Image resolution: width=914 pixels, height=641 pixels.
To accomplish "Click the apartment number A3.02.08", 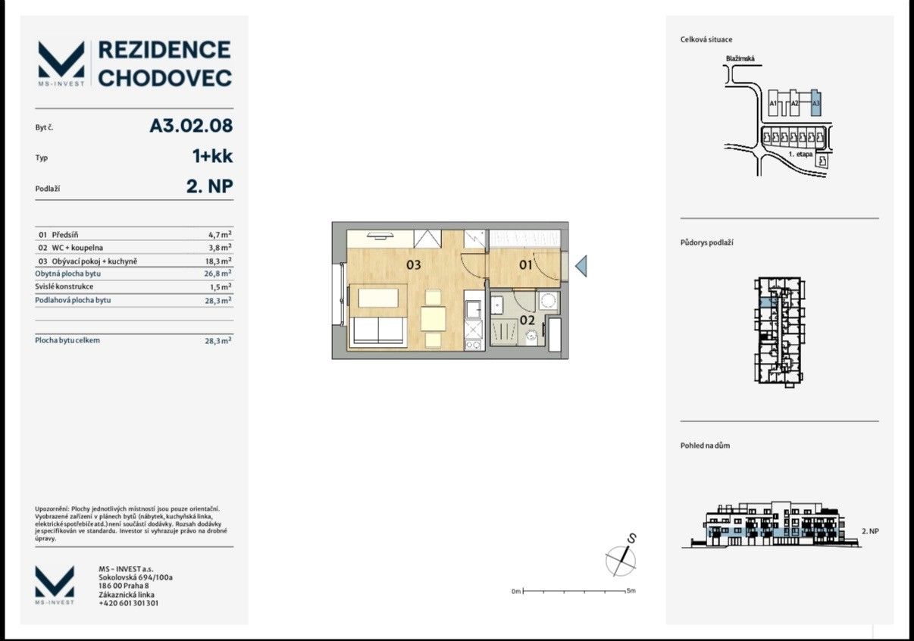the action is point(192,126).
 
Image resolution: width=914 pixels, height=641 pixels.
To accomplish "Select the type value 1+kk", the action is point(213,156).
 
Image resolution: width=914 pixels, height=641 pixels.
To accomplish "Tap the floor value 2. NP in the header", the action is point(210,187).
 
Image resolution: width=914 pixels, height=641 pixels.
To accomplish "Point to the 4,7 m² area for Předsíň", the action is point(220,234).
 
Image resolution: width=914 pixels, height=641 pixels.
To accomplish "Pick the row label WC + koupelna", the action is point(77,248).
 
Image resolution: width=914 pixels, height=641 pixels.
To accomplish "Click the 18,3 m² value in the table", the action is point(218,261).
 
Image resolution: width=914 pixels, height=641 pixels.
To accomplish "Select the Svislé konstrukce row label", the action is point(64,286).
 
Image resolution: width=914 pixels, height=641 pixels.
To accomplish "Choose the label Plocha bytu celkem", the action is point(67,340).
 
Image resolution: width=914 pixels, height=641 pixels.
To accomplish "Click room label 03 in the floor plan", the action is point(413,265).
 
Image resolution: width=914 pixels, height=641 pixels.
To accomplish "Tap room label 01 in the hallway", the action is point(525,265).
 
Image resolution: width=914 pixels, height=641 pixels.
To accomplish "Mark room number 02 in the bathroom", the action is point(527,320).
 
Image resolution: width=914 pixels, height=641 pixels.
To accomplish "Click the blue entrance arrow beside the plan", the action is point(581,266).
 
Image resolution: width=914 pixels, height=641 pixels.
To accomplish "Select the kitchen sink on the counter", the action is point(474,310).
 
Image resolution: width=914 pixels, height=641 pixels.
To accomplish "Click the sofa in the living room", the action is point(378,332).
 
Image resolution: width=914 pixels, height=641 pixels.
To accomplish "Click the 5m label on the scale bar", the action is point(631,590).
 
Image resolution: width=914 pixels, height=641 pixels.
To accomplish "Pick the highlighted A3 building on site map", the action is point(815,103).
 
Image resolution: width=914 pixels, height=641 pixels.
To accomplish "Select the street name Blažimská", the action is point(740,59).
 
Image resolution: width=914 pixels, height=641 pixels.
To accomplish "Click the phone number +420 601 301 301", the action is point(129,603).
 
